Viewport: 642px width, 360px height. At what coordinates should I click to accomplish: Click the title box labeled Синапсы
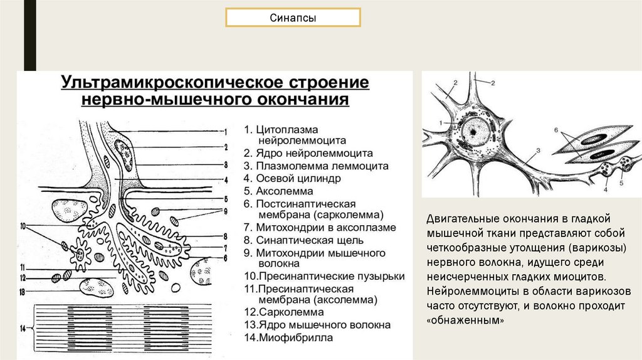point(293,18)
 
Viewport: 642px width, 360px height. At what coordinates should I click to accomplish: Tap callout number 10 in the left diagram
point(24,225)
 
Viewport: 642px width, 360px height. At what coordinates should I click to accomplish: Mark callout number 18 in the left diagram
point(23,292)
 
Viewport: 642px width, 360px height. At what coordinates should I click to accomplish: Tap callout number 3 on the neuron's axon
point(538,151)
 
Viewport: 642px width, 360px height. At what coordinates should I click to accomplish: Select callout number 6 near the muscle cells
point(555,130)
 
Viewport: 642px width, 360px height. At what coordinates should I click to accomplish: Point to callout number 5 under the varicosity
point(621,184)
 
